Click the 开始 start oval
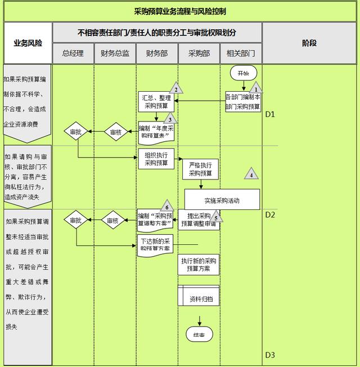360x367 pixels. pos(243,73)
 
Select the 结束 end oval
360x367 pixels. pos(199,335)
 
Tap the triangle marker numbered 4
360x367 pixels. pos(251,174)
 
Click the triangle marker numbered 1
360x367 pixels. pos(256,88)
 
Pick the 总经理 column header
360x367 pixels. pos(73,53)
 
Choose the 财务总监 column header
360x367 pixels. pos(115,53)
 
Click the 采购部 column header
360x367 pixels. pos(199,53)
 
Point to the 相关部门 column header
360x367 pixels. pos(241,53)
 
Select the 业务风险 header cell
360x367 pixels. pos(28,43)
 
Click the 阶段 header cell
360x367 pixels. pos(309,43)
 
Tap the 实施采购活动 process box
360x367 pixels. pos(222,199)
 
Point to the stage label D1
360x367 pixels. pos(270,114)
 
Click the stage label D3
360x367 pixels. pos(270,355)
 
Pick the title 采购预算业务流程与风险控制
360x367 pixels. pos(180,11)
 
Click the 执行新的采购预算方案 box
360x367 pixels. pos(199,265)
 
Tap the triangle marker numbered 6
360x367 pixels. pos(166,205)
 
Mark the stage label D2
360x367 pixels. pos(270,214)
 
